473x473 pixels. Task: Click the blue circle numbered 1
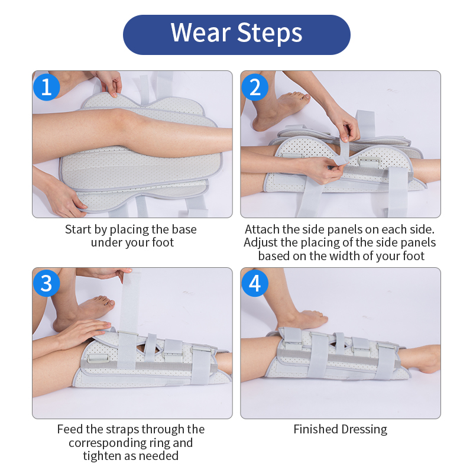47,87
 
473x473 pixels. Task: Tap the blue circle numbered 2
255,87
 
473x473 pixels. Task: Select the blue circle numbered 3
47,283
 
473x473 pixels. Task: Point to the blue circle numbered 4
255,283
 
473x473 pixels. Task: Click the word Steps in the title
270,34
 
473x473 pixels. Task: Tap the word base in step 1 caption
184,229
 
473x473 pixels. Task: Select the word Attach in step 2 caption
262,229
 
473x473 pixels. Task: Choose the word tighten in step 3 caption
101,456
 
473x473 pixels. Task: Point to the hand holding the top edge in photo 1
110,83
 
